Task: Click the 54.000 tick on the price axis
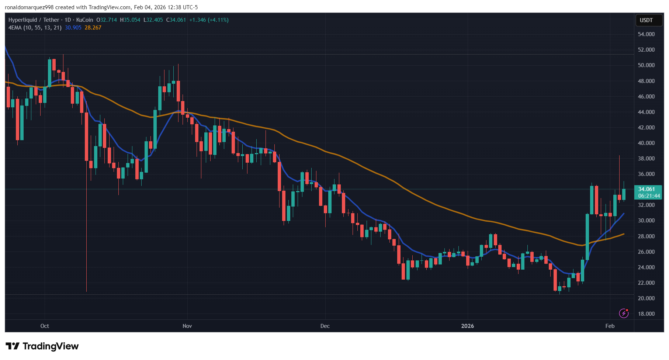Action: click(x=646, y=34)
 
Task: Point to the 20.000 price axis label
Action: click(x=646, y=298)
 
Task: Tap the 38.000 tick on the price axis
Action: click(x=646, y=159)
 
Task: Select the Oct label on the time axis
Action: click(x=45, y=326)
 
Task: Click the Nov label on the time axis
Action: click(x=187, y=326)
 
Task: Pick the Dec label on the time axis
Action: click(x=325, y=326)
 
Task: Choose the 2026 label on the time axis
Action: click(x=468, y=326)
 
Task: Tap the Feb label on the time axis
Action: click(x=610, y=326)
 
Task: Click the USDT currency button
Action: click(x=646, y=20)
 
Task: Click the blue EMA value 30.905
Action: click(x=73, y=28)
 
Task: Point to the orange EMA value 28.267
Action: click(x=93, y=28)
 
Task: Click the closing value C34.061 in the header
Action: click(x=176, y=20)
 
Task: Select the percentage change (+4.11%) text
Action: click(x=218, y=20)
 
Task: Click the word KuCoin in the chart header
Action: click(x=84, y=20)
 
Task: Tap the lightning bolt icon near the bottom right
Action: click(x=624, y=314)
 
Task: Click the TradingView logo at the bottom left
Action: click(x=42, y=346)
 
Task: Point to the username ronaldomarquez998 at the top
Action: click(x=29, y=7)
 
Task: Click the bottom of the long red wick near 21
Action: click(x=86, y=291)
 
